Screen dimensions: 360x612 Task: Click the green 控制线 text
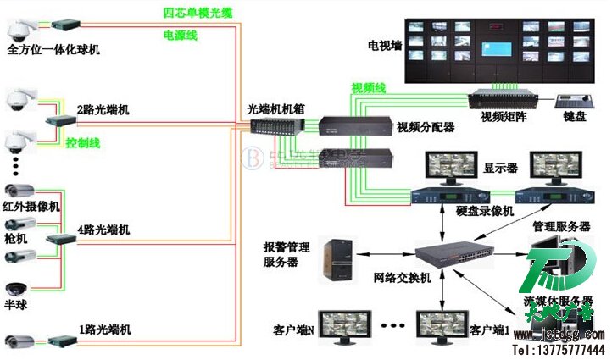82,143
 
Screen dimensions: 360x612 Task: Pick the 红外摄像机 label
32,206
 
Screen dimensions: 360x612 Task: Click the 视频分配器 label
426,127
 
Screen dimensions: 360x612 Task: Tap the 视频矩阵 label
504,116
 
